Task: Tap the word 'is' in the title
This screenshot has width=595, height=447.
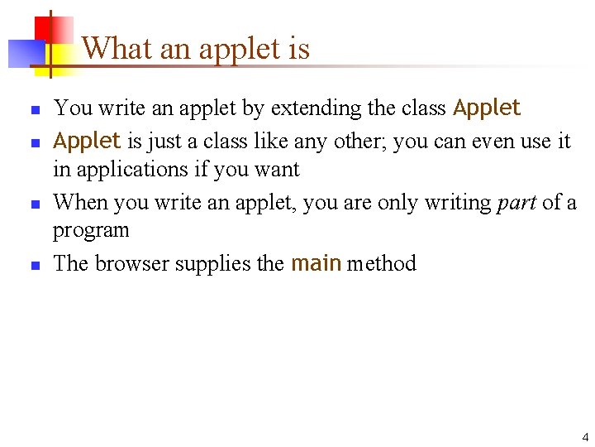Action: pyautogui.click(x=299, y=49)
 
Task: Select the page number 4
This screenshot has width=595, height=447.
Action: pyautogui.click(x=585, y=437)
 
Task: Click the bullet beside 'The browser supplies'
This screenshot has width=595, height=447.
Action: pyautogui.click(x=36, y=266)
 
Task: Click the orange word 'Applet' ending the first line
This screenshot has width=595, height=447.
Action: pyautogui.click(x=487, y=108)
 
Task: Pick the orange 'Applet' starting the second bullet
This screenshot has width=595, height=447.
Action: pyautogui.click(x=87, y=141)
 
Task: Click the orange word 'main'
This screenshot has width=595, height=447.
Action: pyautogui.click(x=317, y=263)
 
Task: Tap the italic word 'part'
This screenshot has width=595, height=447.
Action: pyautogui.click(x=516, y=203)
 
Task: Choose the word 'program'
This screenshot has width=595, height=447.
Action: pyautogui.click(x=91, y=231)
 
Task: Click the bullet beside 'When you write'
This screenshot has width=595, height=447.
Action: pyautogui.click(x=36, y=204)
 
